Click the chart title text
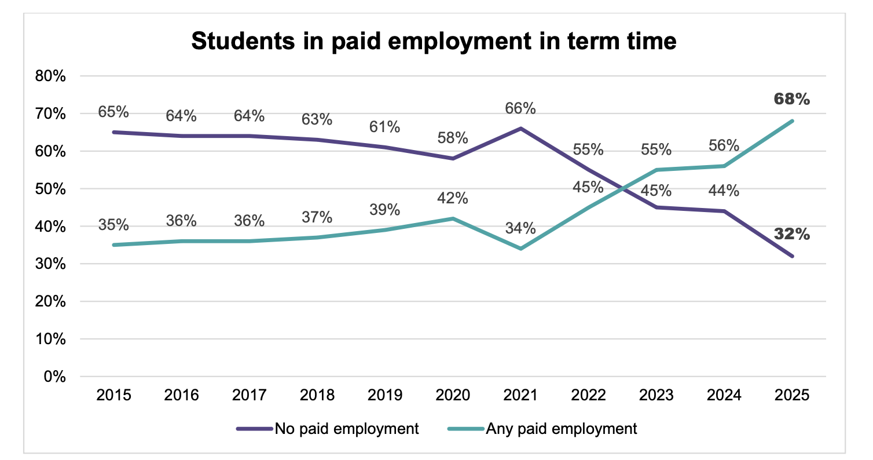[x=434, y=42]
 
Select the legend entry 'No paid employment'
[x=346, y=429]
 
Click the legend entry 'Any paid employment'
[x=561, y=429]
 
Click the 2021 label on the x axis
[x=521, y=396]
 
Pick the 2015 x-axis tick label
[x=115, y=396]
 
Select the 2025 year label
[x=792, y=396]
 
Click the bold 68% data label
[x=792, y=99]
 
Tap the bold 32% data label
[x=792, y=235]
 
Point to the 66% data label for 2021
[x=521, y=108]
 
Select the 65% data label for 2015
[x=113, y=111]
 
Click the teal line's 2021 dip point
[x=521, y=249]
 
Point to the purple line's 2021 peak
[x=521, y=129]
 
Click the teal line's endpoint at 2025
[x=792, y=121]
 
